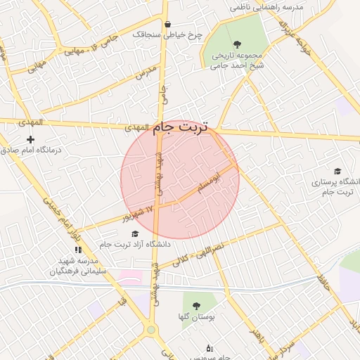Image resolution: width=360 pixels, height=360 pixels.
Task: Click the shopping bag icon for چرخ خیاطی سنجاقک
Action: click(167, 24)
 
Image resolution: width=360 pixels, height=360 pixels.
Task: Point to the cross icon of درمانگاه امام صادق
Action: click(30, 139)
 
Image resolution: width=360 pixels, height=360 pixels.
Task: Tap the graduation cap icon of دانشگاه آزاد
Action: click(135, 233)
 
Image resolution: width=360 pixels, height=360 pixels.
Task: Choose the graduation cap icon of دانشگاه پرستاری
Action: click(337, 171)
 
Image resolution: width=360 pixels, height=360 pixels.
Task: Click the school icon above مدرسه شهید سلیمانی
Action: click(78, 249)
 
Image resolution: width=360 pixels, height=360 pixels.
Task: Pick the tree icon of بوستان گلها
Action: click(196, 305)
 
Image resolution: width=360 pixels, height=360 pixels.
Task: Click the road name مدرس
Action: click(143, 72)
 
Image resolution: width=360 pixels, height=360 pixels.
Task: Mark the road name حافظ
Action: click(323, 285)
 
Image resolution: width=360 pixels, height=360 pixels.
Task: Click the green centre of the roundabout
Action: click(150, 330)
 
